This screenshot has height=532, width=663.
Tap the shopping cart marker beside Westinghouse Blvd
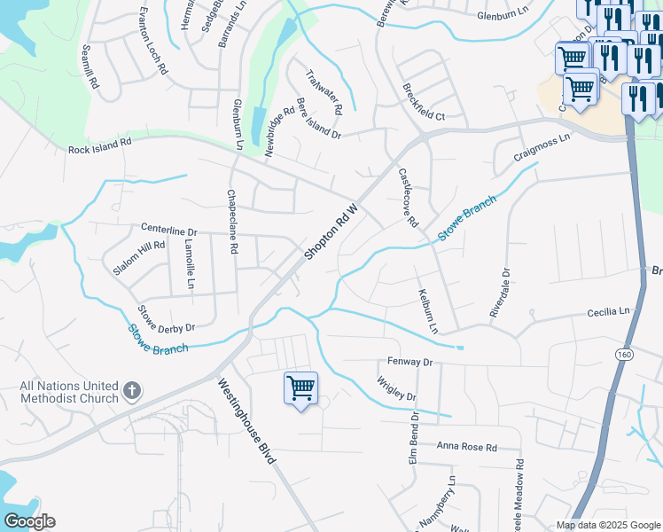tap(300, 387)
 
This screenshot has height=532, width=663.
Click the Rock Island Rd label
tap(99, 146)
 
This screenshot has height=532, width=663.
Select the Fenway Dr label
tap(409, 363)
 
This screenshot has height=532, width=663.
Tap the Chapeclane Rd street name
tap(232, 223)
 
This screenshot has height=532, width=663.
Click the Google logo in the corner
tap(29, 521)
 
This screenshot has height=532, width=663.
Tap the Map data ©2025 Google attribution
tap(607, 525)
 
